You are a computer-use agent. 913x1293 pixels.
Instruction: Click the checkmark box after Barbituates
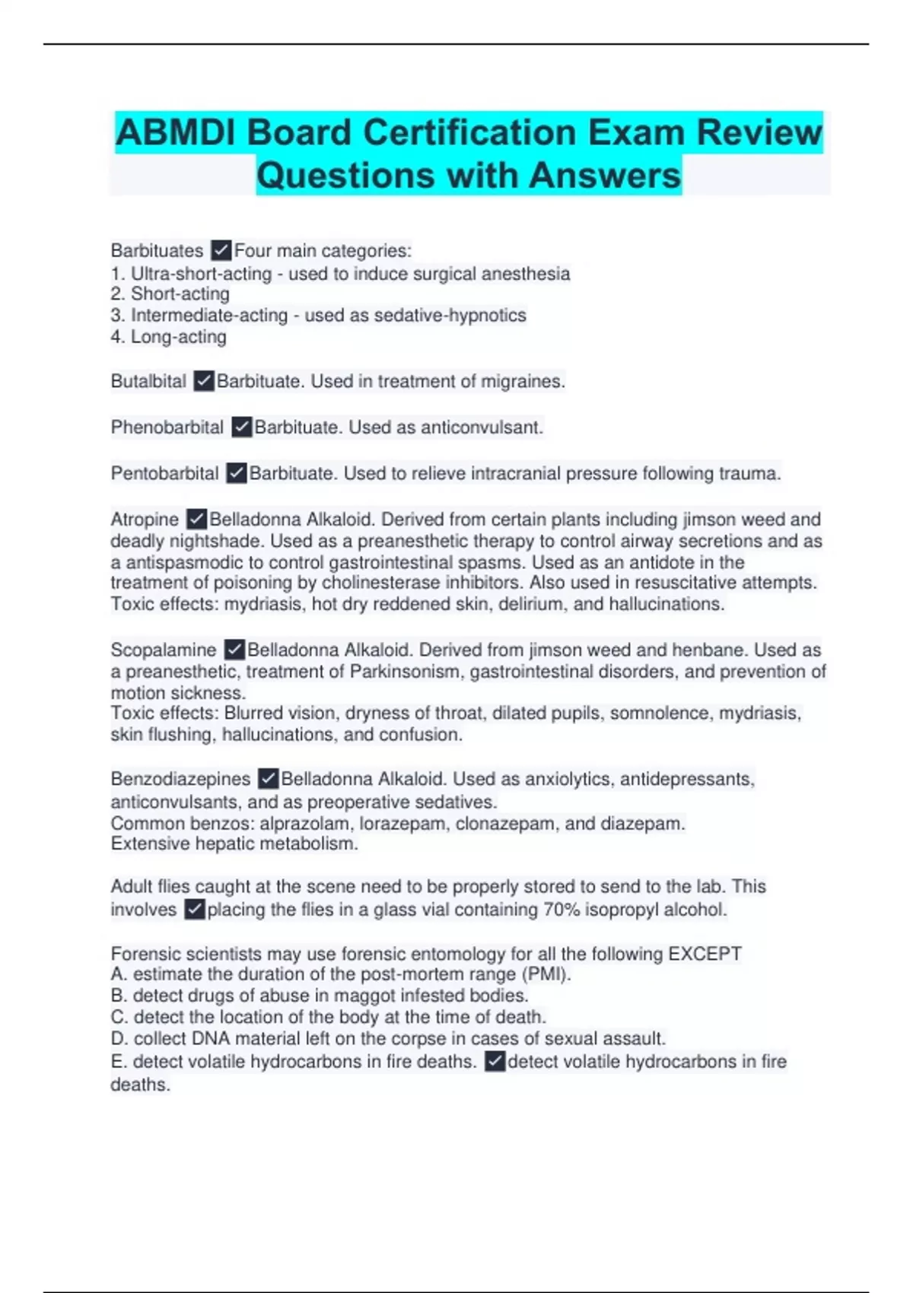click(221, 250)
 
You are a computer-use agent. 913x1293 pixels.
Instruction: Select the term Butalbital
click(148, 381)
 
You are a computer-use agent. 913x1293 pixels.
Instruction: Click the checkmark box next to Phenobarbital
click(241, 427)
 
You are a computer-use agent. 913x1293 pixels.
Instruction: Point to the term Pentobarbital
click(164, 473)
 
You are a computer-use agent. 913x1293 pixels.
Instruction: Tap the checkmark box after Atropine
click(196, 519)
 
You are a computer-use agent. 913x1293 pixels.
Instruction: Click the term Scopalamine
click(163, 650)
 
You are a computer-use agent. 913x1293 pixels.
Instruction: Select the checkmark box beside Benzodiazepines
click(268, 779)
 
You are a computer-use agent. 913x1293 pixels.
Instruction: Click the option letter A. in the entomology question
click(119, 974)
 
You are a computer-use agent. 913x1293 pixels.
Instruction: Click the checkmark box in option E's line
click(495, 1062)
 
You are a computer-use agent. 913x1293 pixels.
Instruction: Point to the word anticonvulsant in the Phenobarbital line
click(482, 427)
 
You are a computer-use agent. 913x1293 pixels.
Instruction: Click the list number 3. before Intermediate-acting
click(118, 315)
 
